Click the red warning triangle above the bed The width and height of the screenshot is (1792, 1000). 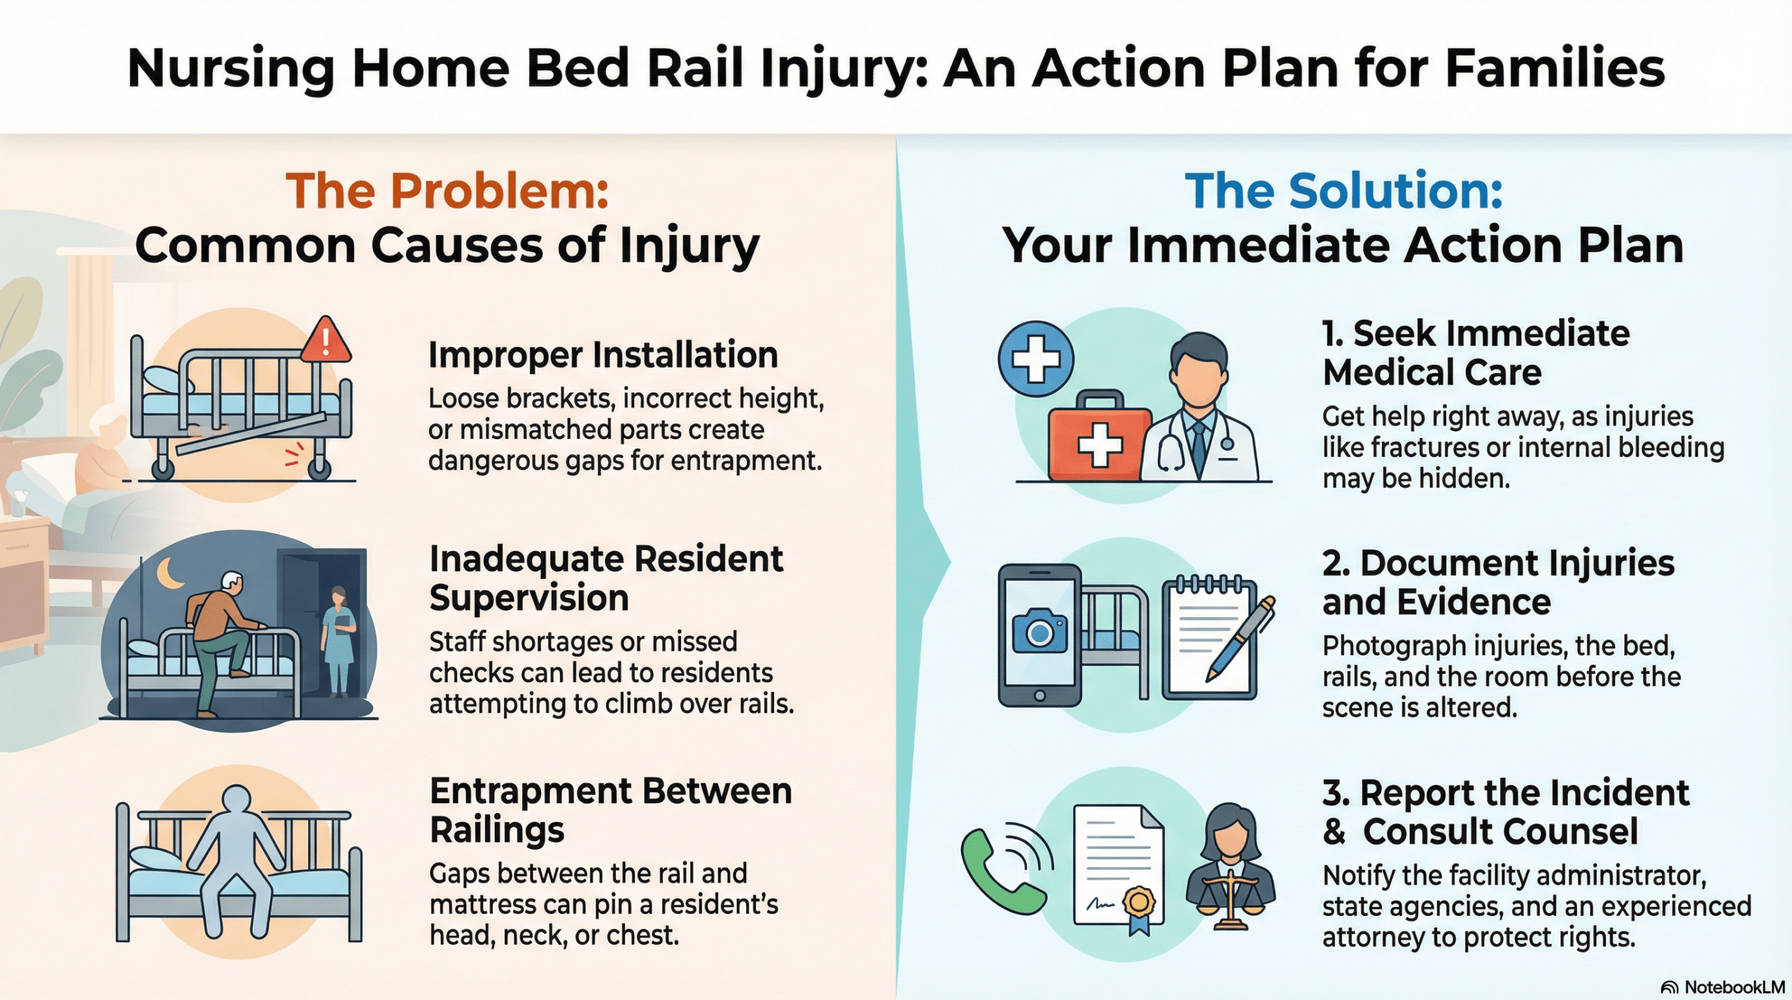coord(326,339)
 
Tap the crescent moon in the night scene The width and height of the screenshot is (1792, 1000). coord(170,573)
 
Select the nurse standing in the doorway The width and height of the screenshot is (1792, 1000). coord(339,641)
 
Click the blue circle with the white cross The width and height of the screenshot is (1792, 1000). coord(1036,359)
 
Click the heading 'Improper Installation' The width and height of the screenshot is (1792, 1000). coord(603,355)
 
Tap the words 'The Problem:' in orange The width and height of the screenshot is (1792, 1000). coord(447,190)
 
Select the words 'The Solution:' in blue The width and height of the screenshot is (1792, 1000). coord(1343,190)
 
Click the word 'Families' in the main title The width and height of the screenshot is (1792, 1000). coord(1555,68)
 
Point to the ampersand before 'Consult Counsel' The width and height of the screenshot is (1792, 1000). coord(1334,831)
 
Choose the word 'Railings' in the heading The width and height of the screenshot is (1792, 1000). coord(497,831)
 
